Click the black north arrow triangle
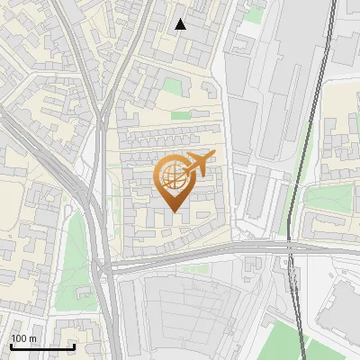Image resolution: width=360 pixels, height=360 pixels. point(181,24)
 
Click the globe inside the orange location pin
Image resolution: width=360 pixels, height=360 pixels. point(172,177)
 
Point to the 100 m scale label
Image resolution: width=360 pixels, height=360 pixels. point(23,338)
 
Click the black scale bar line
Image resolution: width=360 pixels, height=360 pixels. point(42,346)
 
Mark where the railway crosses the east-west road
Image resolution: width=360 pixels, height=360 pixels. point(290,247)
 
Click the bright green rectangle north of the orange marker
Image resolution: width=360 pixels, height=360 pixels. point(181,115)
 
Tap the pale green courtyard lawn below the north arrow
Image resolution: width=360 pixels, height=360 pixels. point(173,86)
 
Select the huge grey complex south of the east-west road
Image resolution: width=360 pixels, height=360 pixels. point(189,310)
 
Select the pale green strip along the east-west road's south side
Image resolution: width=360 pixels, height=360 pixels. point(193,267)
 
